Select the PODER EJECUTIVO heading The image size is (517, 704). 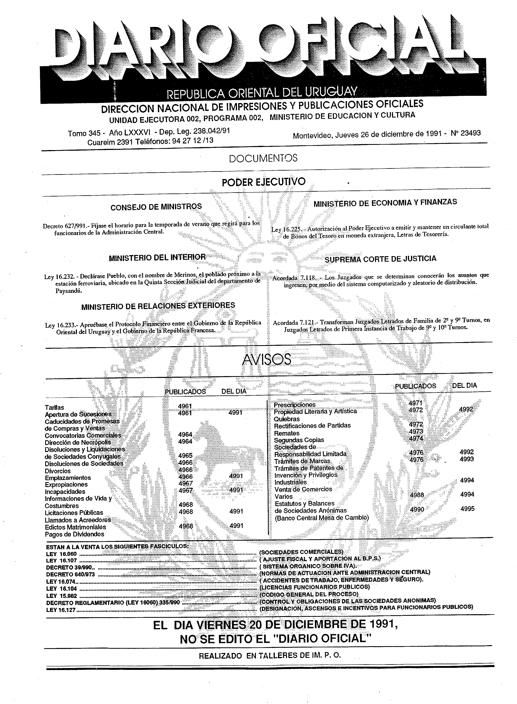coord(264,182)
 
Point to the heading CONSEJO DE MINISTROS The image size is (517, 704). coord(156,207)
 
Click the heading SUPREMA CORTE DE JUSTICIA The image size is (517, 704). coord(380,259)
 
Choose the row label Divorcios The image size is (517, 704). coord(58,471)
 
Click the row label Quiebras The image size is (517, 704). coord(287,419)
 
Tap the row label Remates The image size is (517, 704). coord(287,433)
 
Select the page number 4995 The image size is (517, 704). coord(467,509)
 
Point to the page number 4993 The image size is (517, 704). coord(467,459)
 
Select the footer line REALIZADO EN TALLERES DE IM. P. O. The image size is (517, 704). coord(270,656)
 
